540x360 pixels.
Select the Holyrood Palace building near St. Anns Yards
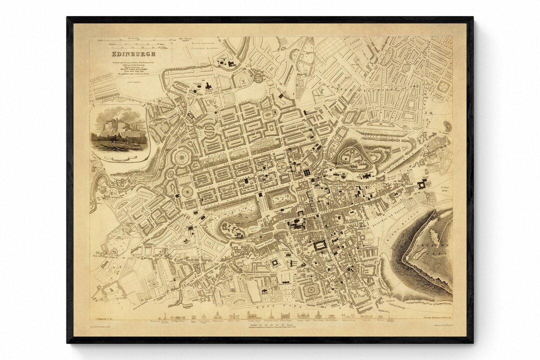pyautogui.click(x=421, y=185)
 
